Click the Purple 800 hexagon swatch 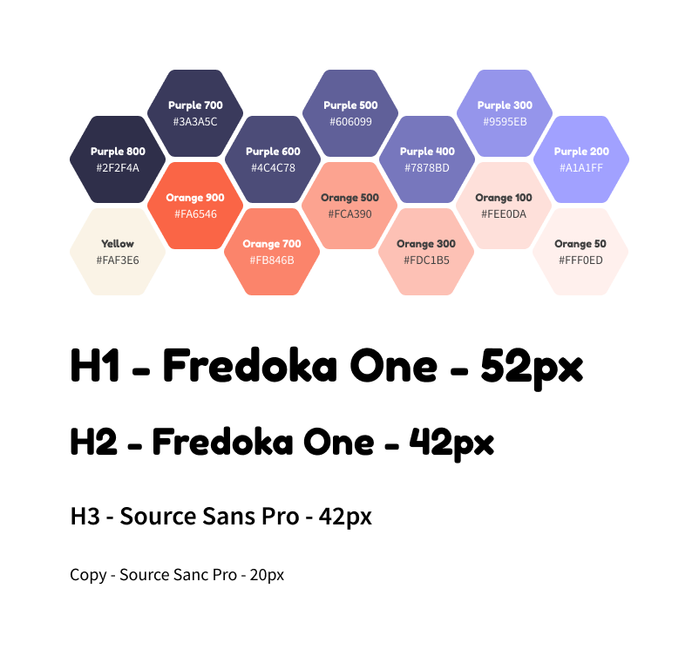tap(118, 159)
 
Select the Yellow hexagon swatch tap(118, 252)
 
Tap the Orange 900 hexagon tap(195, 206)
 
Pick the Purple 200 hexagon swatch tap(581, 159)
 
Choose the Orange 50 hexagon tap(580, 252)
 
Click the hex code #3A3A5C tap(195, 122)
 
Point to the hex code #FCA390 tap(350, 214)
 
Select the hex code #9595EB tap(506, 122)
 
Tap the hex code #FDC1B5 tap(426, 260)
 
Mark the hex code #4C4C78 tap(273, 168)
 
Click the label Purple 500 tap(350, 105)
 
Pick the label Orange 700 tap(272, 244)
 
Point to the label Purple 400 tap(427, 152)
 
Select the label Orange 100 tap(504, 198)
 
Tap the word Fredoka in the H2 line tap(222, 442)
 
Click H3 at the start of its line tap(85, 516)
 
